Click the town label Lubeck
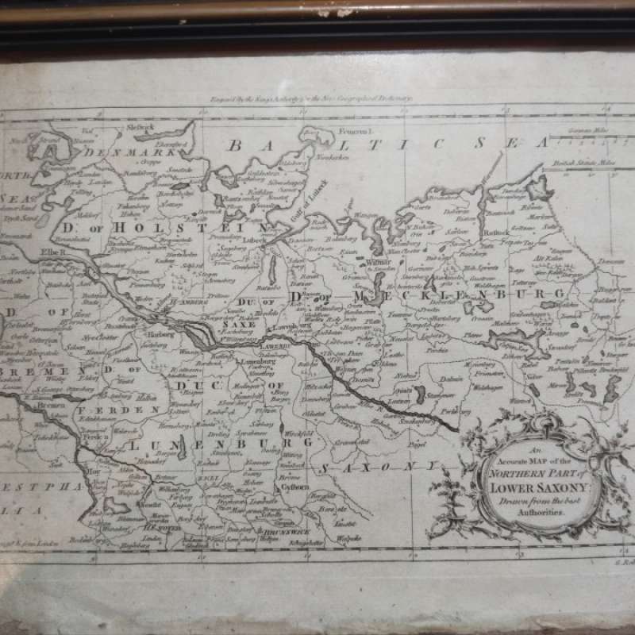click(256, 237)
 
